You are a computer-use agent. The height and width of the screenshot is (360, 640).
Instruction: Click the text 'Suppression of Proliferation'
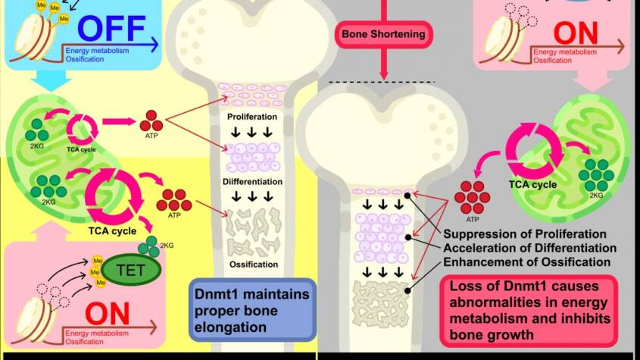click(525, 233)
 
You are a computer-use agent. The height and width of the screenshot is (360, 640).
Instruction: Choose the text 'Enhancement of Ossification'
click(527, 262)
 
